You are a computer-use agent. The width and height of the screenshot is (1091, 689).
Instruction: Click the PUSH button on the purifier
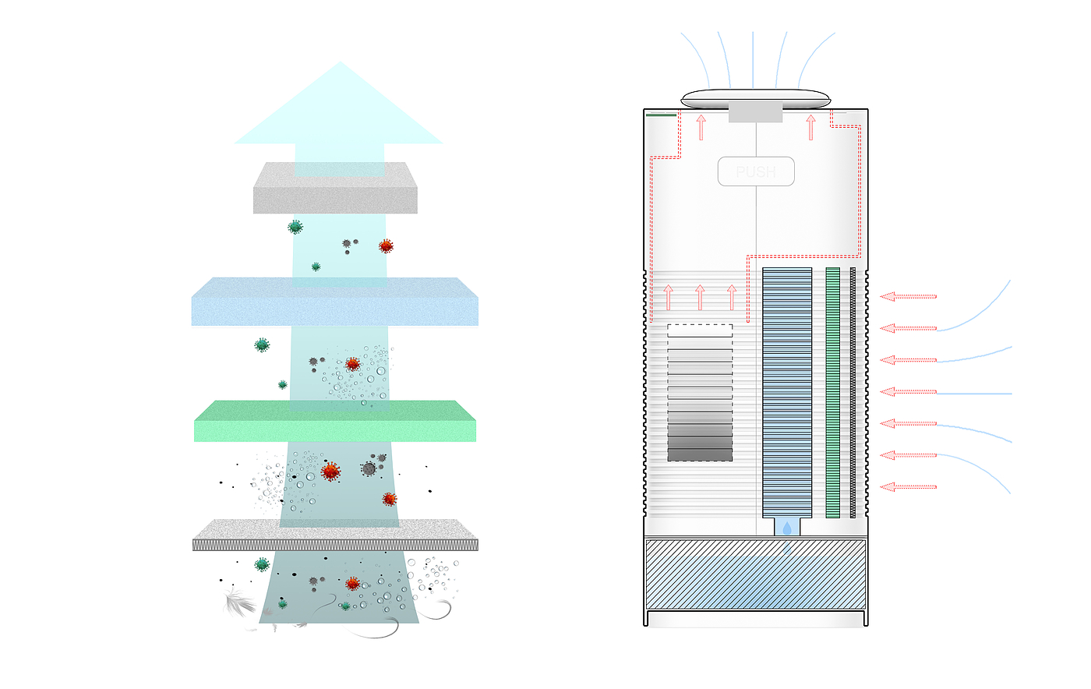coord(756,171)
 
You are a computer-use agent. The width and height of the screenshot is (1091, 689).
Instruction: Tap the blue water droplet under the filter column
coord(787,528)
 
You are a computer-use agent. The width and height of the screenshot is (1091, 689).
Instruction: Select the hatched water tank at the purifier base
coord(755,574)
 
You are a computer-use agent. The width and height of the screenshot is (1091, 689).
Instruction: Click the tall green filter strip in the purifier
coord(833,392)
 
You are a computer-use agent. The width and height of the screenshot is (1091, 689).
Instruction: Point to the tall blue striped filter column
coord(787,392)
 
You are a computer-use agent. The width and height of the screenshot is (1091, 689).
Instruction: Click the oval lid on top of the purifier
coord(755,98)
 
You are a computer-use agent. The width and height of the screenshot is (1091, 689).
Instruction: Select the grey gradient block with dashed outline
coord(700,393)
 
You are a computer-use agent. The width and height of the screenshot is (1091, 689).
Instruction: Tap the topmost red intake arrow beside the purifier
coord(909,296)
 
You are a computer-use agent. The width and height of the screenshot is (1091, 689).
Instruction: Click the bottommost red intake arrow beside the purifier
coord(909,487)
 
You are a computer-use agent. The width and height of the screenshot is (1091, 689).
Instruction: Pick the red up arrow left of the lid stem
coord(701,128)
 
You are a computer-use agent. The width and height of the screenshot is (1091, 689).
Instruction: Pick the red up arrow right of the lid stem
coord(811,128)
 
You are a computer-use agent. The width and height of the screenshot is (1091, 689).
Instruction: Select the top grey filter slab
coord(335,188)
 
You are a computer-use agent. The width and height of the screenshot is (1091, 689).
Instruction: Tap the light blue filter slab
coord(335,301)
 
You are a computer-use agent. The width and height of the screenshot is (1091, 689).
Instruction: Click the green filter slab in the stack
coord(335,421)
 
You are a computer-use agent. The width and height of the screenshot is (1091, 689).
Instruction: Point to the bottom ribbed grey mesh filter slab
coord(335,535)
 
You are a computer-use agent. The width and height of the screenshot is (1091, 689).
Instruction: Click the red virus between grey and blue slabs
coord(386,246)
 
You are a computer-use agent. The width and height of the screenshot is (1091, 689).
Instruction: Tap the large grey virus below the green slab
coord(369,468)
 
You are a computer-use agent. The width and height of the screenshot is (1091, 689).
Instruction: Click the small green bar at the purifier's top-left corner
coord(661,115)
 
